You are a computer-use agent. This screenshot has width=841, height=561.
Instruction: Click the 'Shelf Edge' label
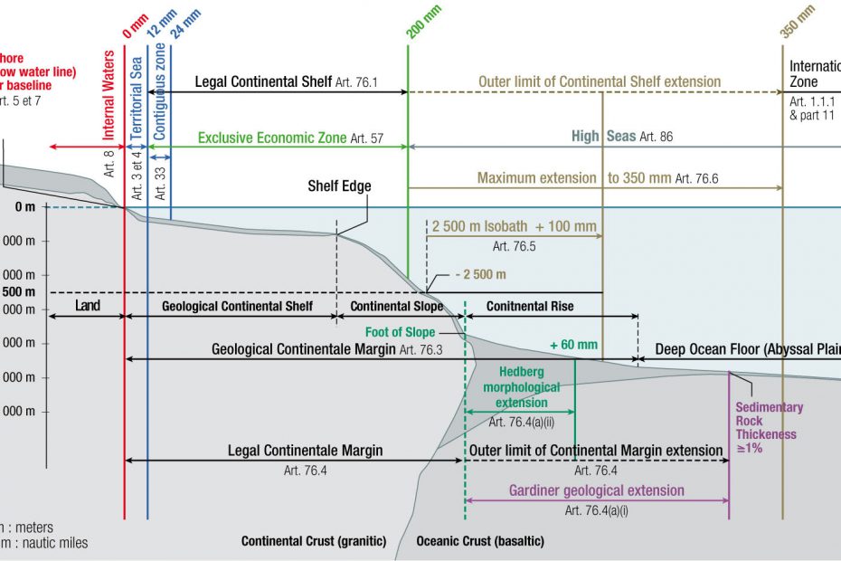(339, 186)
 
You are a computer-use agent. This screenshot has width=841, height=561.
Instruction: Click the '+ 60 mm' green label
(573, 345)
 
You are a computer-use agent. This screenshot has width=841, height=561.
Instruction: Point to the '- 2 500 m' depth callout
(480, 274)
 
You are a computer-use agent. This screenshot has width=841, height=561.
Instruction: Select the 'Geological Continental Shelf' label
(238, 306)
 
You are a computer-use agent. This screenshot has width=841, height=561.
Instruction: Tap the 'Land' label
(88, 306)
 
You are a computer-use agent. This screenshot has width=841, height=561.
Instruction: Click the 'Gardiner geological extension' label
(596, 490)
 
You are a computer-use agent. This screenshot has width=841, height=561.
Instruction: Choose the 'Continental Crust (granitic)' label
(313, 541)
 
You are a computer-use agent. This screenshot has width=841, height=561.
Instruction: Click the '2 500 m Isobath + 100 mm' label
(515, 224)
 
